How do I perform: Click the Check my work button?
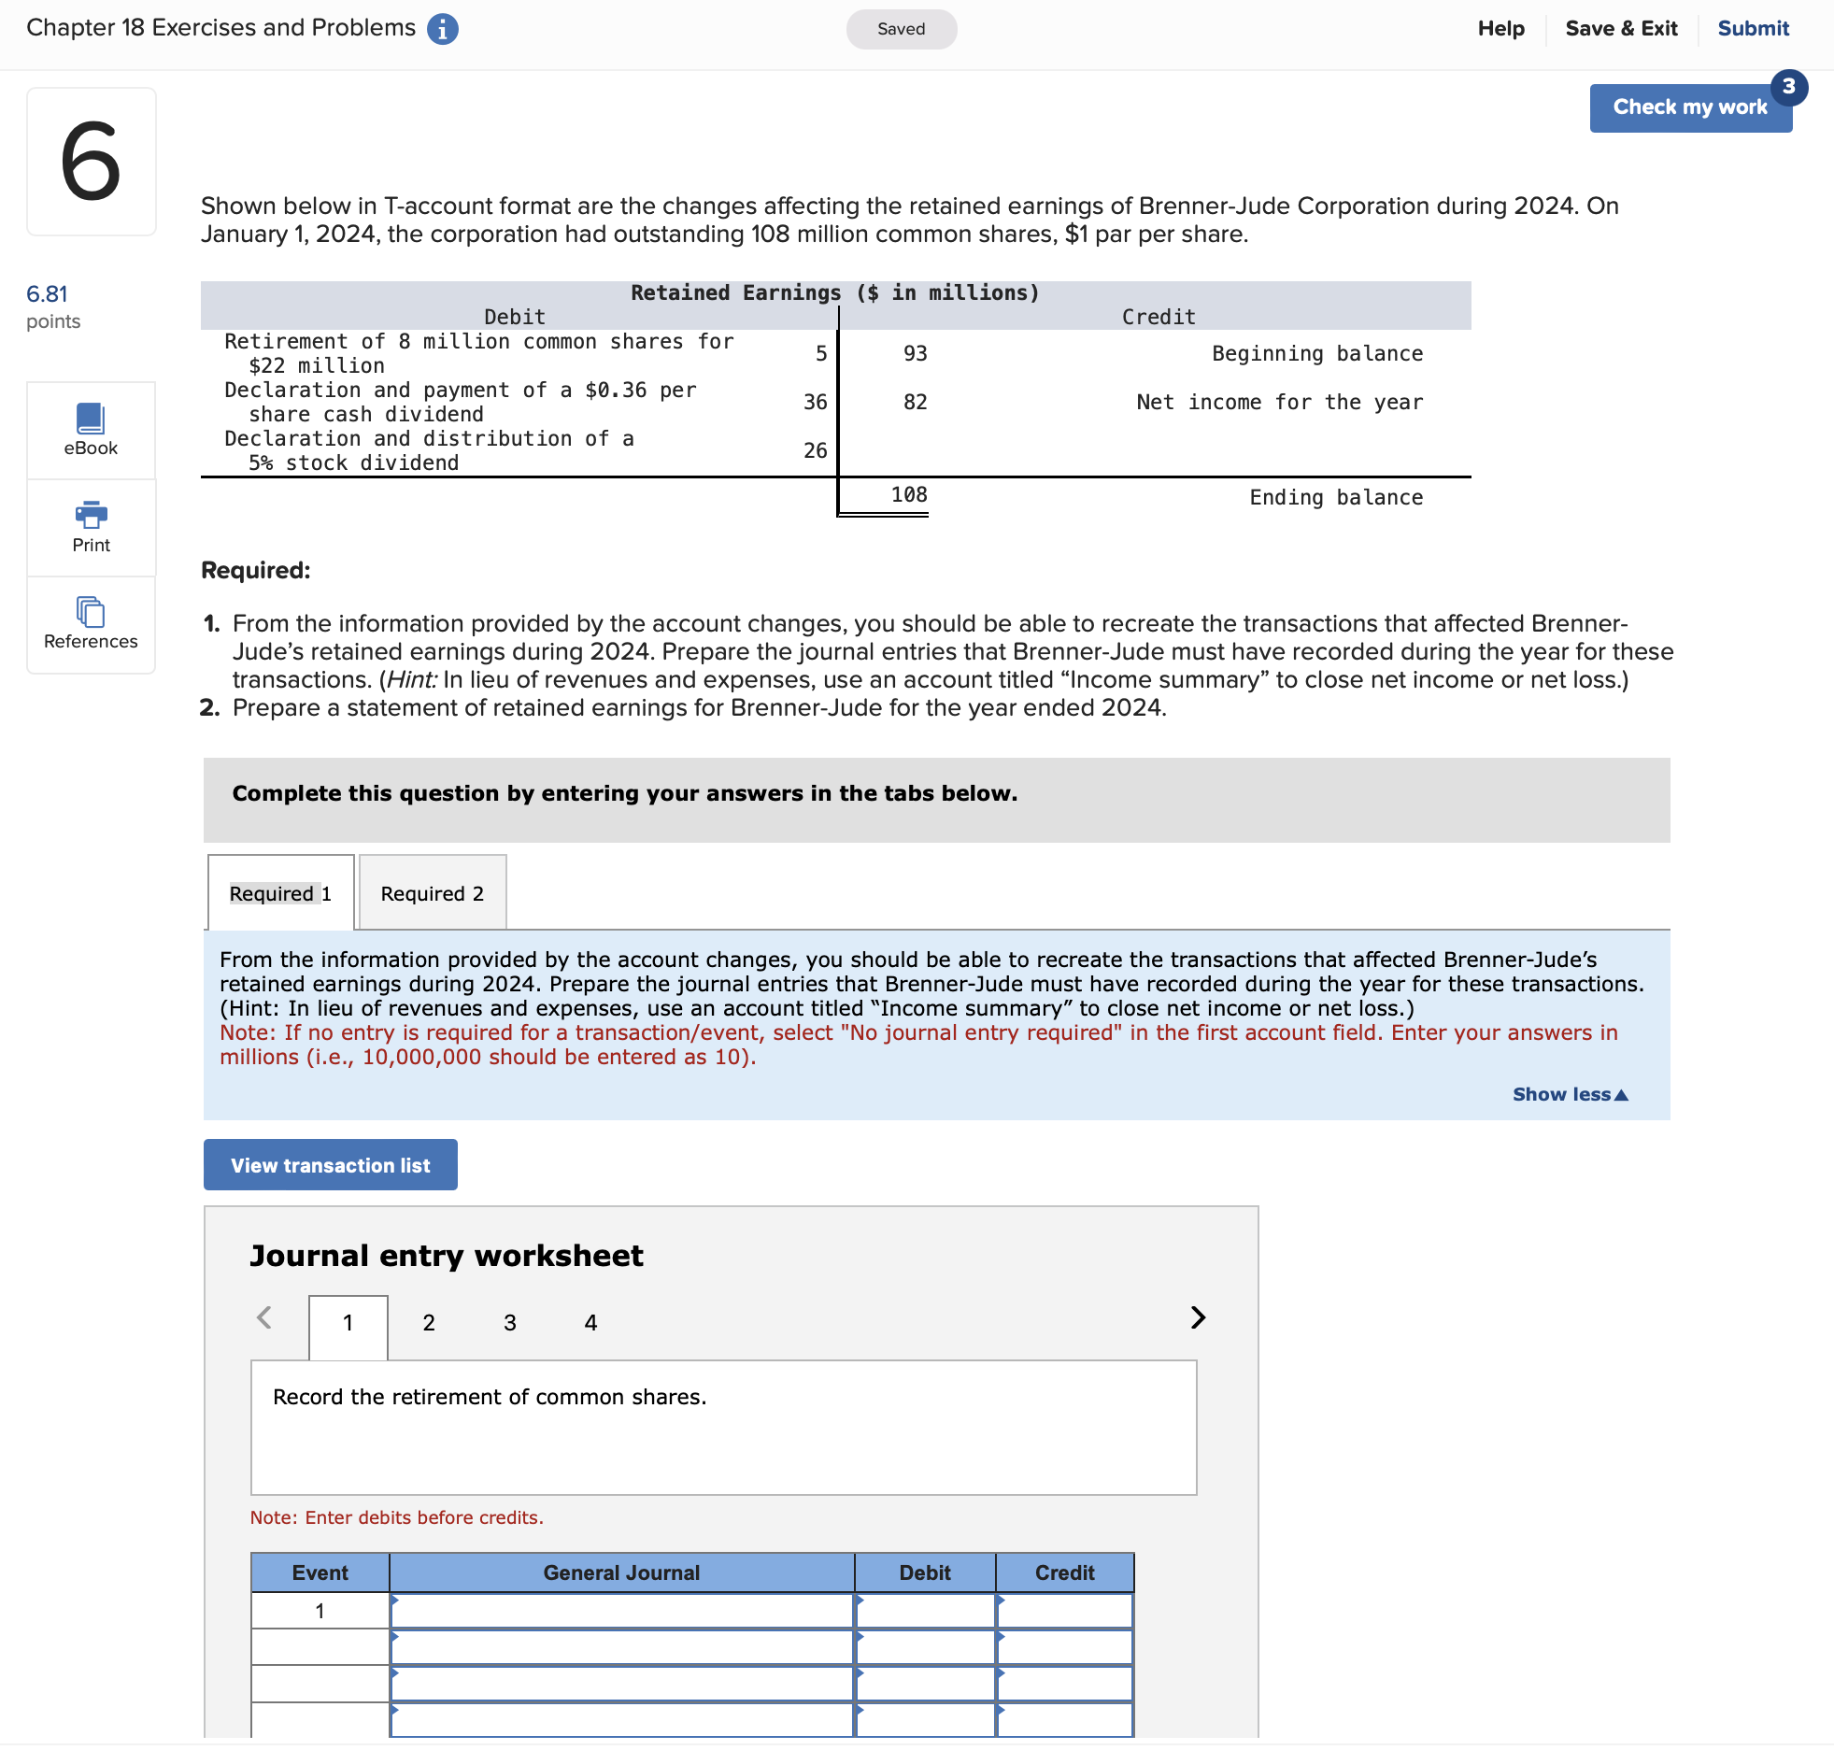point(1689,107)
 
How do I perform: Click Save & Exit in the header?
point(1621,28)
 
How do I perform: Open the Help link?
point(1500,28)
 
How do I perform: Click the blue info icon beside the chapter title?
point(442,29)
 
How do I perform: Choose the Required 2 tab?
point(432,893)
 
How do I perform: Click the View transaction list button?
point(330,1165)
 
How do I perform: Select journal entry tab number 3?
point(509,1322)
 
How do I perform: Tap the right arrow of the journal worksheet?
point(1198,1317)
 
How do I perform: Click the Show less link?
point(1570,1094)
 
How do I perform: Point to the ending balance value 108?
point(908,495)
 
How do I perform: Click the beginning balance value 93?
point(915,353)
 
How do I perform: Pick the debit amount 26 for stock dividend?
point(815,450)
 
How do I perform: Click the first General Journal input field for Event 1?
point(621,1611)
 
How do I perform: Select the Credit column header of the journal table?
point(1064,1572)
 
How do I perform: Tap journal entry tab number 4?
point(590,1322)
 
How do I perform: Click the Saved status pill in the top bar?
point(901,29)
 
